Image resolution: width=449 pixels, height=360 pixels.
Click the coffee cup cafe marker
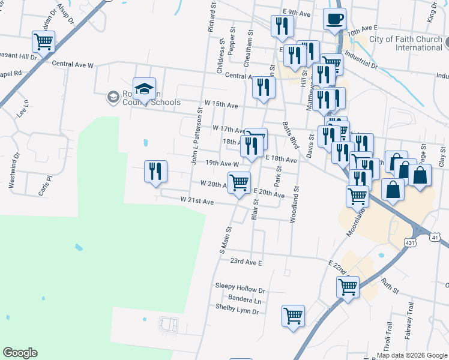334,19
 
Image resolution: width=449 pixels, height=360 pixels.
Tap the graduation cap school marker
144,89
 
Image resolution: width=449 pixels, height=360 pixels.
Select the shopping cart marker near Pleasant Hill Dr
43,41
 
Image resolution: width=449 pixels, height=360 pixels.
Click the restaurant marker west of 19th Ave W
155,171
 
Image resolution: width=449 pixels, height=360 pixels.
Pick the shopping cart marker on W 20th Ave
239,182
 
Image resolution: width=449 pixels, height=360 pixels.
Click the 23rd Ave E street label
247,262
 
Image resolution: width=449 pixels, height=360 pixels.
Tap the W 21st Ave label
197,201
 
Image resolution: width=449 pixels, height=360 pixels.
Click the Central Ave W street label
73,64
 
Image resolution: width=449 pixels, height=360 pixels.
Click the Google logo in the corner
20,353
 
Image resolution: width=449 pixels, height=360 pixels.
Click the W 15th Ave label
221,104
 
